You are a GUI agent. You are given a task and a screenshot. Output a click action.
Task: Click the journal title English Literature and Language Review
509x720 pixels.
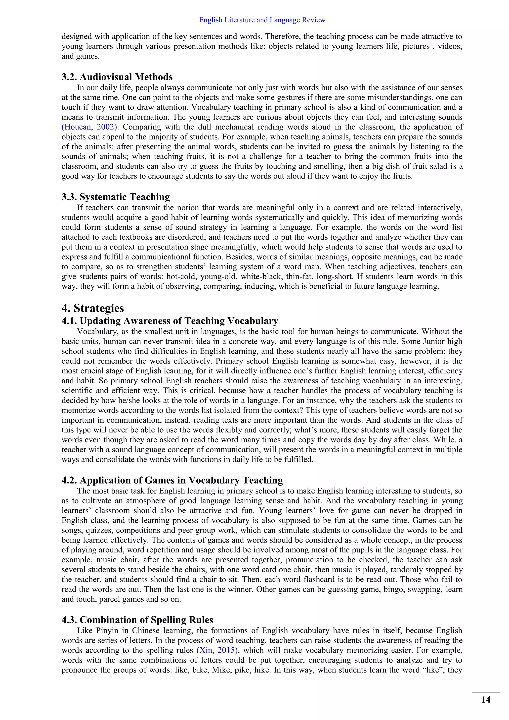click(x=262, y=20)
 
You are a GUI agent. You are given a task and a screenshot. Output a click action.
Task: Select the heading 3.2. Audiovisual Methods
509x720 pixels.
click(x=117, y=77)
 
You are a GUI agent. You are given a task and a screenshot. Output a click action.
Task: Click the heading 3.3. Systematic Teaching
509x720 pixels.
click(x=116, y=197)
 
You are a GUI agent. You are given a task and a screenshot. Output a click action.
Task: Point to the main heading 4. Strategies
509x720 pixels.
click(x=93, y=308)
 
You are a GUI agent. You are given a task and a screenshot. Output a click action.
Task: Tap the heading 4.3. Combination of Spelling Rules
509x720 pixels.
click(x=137, y=620)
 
